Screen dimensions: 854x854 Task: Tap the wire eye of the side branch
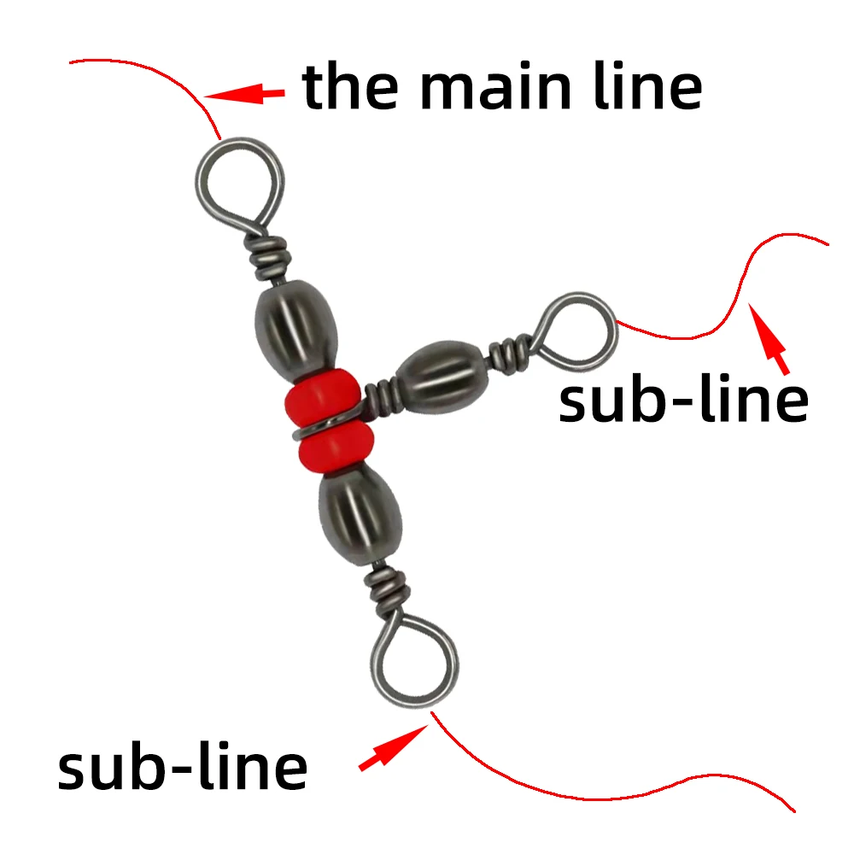coord(576,329)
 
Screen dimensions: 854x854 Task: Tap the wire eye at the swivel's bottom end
coord(416,658)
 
